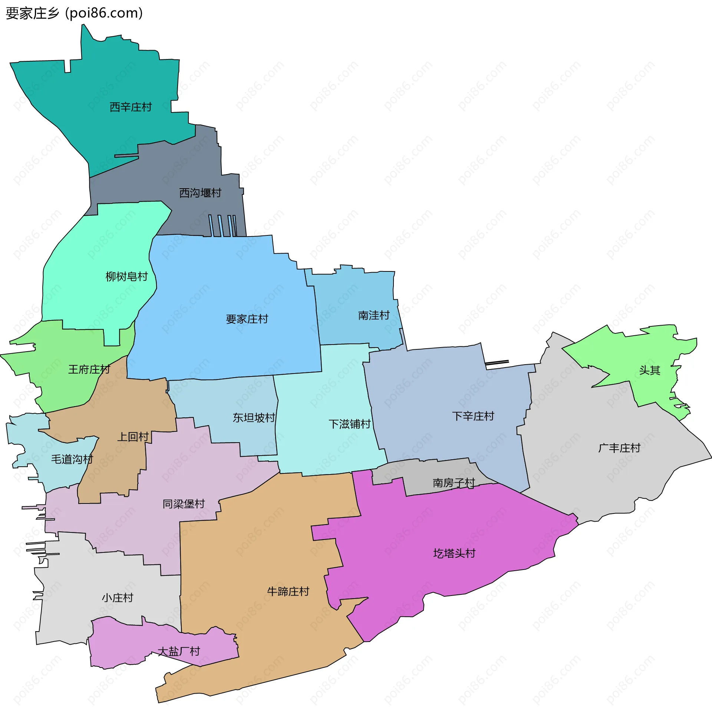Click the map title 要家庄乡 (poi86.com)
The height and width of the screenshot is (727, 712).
[75, 13]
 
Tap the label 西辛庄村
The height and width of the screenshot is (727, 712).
[131, 107]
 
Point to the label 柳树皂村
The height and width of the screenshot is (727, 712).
[126, 277]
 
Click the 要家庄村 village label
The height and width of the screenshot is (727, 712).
[247, 319]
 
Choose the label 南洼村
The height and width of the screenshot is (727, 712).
[373, 315]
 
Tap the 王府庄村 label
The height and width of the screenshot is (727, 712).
[89, 369]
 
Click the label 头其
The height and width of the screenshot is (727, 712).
[650, 370]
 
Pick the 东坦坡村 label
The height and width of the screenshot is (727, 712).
[254, 417]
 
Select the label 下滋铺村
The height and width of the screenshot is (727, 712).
[349, 424]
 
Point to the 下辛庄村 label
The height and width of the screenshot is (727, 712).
[473, 416]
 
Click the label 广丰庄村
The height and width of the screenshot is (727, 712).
[619, 448]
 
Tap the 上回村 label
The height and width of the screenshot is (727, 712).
[133, 437]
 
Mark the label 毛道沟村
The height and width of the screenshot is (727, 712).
[72, 459]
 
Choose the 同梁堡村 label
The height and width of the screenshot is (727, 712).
[184, 504]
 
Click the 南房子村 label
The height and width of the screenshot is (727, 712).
[454, 483]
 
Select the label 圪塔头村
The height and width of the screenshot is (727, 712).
[454, 553]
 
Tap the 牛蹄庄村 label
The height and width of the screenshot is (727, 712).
[288, 591]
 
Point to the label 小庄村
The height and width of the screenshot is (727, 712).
[118, 598]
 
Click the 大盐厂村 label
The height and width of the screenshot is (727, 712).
[179, 651]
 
